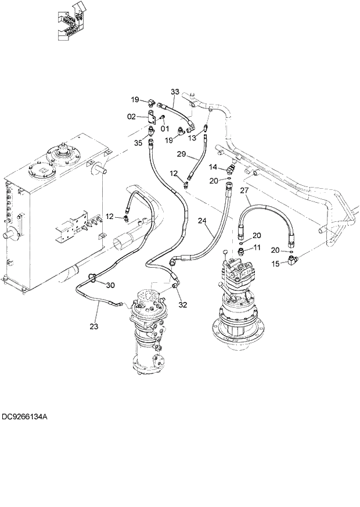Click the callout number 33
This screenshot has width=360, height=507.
pos(175,92)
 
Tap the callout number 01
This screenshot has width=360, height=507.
pos(164,128)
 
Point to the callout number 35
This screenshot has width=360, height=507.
pos(138,143)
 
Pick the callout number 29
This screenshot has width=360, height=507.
pos(181,155)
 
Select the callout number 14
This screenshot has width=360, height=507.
pos(213,167)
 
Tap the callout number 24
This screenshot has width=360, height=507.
pos(201,221)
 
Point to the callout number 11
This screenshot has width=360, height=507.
pos(257,248)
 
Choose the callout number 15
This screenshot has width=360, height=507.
pos(277,264)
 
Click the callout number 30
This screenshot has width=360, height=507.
pos(110,285)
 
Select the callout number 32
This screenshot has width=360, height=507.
pos(183,304)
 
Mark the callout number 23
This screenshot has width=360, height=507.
pos(94,326)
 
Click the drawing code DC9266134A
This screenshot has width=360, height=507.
pos(25,416)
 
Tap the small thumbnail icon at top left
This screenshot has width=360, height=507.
pos(70,21)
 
